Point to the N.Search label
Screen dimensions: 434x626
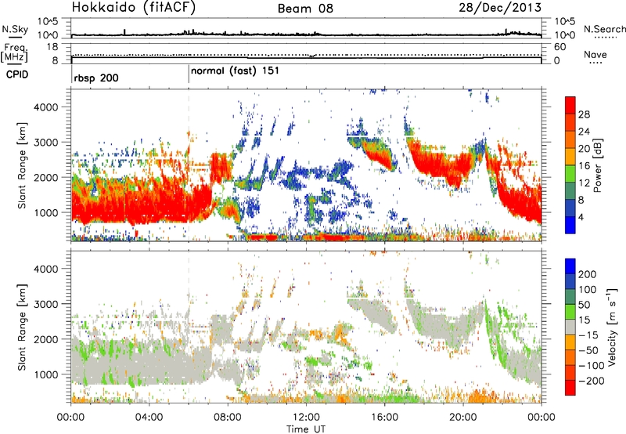click(x=605, y=29)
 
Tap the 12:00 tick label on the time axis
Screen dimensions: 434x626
click(x=305, y=415)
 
